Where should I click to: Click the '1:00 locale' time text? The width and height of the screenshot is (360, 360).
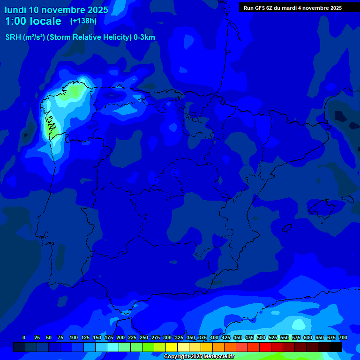pos(33,21)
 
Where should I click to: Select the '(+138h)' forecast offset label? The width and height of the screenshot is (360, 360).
pos(83,21)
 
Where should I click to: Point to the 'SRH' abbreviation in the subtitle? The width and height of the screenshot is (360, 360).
pos(13,37)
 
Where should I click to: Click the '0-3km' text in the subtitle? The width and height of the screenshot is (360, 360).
pos(144,37)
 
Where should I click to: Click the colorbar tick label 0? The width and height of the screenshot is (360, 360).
pos(24,337)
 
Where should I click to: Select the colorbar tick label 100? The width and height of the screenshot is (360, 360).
pos(74,337)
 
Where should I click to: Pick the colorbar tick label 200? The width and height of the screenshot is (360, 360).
pos(120,337)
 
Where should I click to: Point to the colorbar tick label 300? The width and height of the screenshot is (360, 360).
pos(167,337)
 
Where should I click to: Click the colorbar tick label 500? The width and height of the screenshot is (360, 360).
pos(261,337)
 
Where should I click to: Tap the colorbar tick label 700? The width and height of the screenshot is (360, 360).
pos(343,337)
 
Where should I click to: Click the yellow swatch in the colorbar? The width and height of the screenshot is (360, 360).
pos(172,347)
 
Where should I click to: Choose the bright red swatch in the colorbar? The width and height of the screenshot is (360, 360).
pos(265,347)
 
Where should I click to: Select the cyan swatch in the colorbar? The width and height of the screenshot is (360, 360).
pos(113,347)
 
